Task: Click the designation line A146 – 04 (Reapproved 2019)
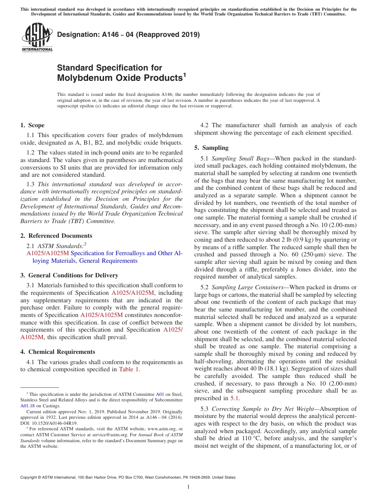pos(128,34)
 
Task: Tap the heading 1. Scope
pos(32,125)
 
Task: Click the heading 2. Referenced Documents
pos(56,236)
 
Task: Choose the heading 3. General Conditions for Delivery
pos(69,275)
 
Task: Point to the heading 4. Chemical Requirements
pos(58,352)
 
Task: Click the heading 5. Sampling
pos(211,148)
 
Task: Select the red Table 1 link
pos(129,370)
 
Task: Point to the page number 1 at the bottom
pos(188,487)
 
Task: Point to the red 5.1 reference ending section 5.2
pos(235,399)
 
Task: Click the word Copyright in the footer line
pos(30,477)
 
